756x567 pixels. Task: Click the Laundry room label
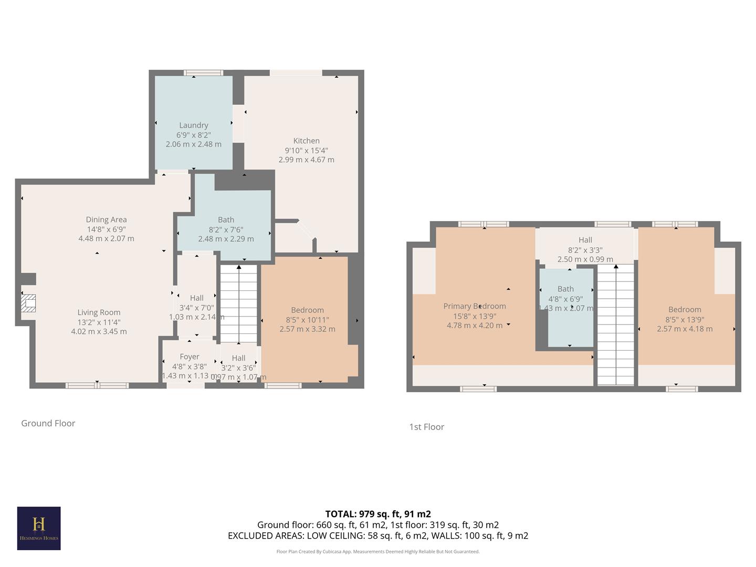point(194,125)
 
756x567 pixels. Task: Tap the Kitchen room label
point(306,141)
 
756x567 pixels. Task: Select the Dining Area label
point(106,219)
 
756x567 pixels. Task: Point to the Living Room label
point(99,312)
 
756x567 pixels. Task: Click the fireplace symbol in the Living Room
point(28,303)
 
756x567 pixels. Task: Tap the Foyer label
point(190,357)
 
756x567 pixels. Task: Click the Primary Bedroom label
point(475,306)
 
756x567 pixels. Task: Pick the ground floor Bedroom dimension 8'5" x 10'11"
point(307,320)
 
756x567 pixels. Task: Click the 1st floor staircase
point(616,325)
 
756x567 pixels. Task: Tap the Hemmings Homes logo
point(39,528)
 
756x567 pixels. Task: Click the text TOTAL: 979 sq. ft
point(378,514)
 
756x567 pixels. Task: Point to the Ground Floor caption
point(48,423)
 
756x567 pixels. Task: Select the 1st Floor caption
point(426,427)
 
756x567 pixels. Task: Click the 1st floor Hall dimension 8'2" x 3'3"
point(585,250)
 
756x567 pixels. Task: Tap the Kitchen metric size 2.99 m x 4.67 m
point(306,160)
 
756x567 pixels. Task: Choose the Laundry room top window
point(203,72)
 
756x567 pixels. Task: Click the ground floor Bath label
point(226,220)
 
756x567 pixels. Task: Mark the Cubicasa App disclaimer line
point(378,552)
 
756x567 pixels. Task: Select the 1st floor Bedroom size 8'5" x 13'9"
point(685,319)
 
